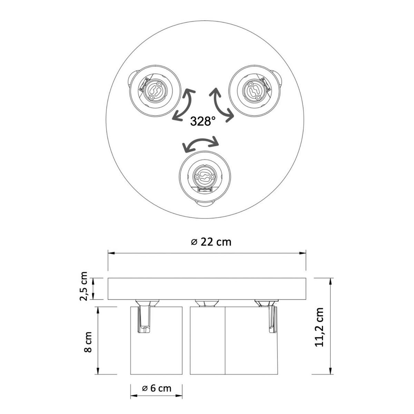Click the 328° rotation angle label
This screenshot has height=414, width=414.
[x=203, y=121]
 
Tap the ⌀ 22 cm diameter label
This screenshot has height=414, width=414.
[x=211, y=242]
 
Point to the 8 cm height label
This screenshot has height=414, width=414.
[x=88, y=342]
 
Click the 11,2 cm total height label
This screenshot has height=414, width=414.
[x=319, y=330]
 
